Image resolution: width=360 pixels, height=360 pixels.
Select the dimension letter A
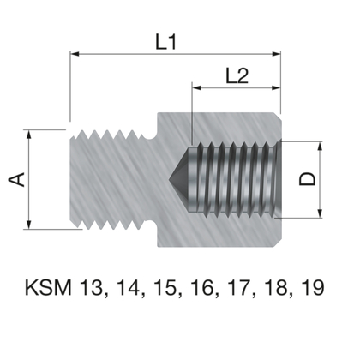pyautogui.click(x=15, y=180)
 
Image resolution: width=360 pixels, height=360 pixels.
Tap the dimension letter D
pyautogui.click(x=306, y=179)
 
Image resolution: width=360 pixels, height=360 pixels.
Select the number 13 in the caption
pyautogui.click(x=93, y=288)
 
